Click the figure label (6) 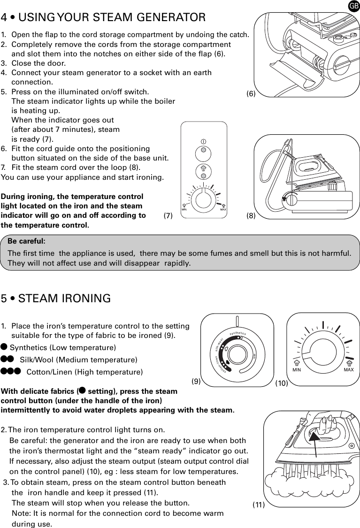(x=251, y=94)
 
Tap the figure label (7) (x=169, y=216)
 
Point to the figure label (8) (x=251, y=216)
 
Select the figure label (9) (x=196, y=381)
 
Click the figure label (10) (x=282, y=383)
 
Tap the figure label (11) (x=259, y=505)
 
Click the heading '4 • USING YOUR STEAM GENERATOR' (x=103, y=18)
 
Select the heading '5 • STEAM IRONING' (x=56, y=298)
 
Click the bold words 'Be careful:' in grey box (x=27, y=241)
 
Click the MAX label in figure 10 (x=348, y=370)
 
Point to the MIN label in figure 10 (x=297, y=370)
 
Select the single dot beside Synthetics (x=4, y=347)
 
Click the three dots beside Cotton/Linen (x=10, y=372)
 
